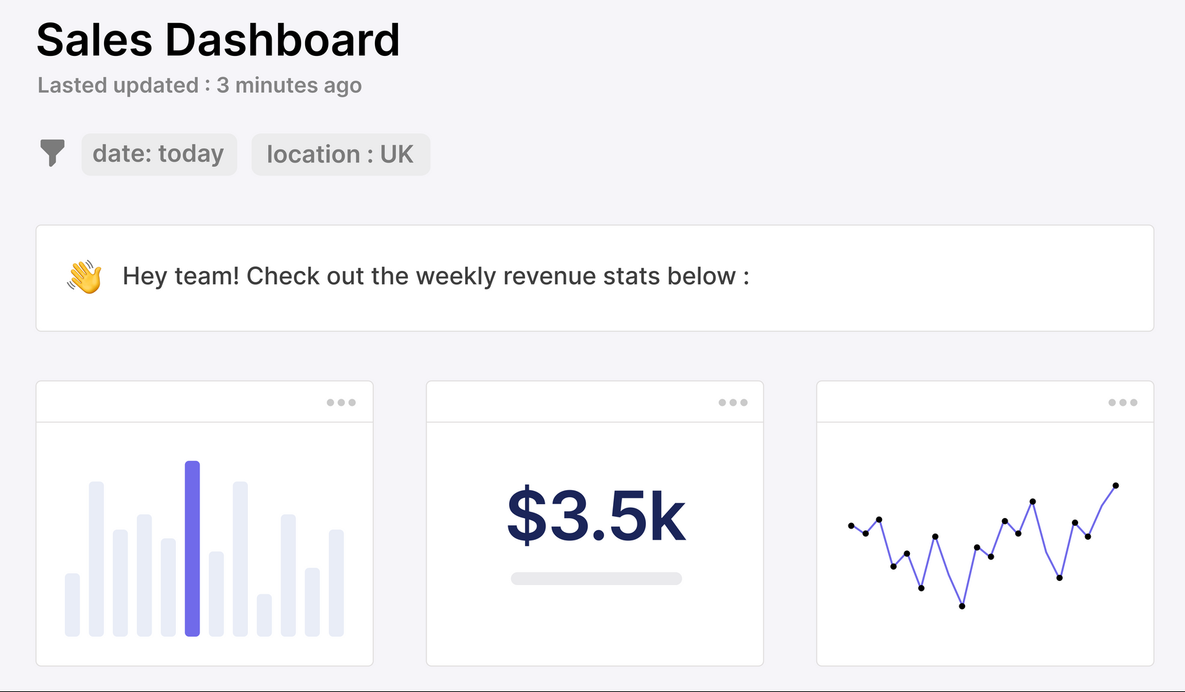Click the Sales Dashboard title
(x=218, y=40)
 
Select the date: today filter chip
(x=159, y=154)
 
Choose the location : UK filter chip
(x=340, y=154)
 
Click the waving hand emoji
(x=84, y=277)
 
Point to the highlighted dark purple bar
(x=192, y=548)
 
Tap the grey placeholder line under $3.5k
(x=596, y=579)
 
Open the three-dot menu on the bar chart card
(x=341, y=403)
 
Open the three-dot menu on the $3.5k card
(x=733, y=403)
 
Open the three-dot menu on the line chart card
(x=1122, y=403)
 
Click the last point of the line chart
(x=1115, y=485)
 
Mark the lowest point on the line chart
(x=962, y=606)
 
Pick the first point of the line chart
(x=851, y=526)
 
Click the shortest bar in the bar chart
(x=264, y=614)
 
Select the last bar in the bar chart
(x=336, y=582)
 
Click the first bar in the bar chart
(x=72, y=604)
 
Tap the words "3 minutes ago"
(x=289, y=85)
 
